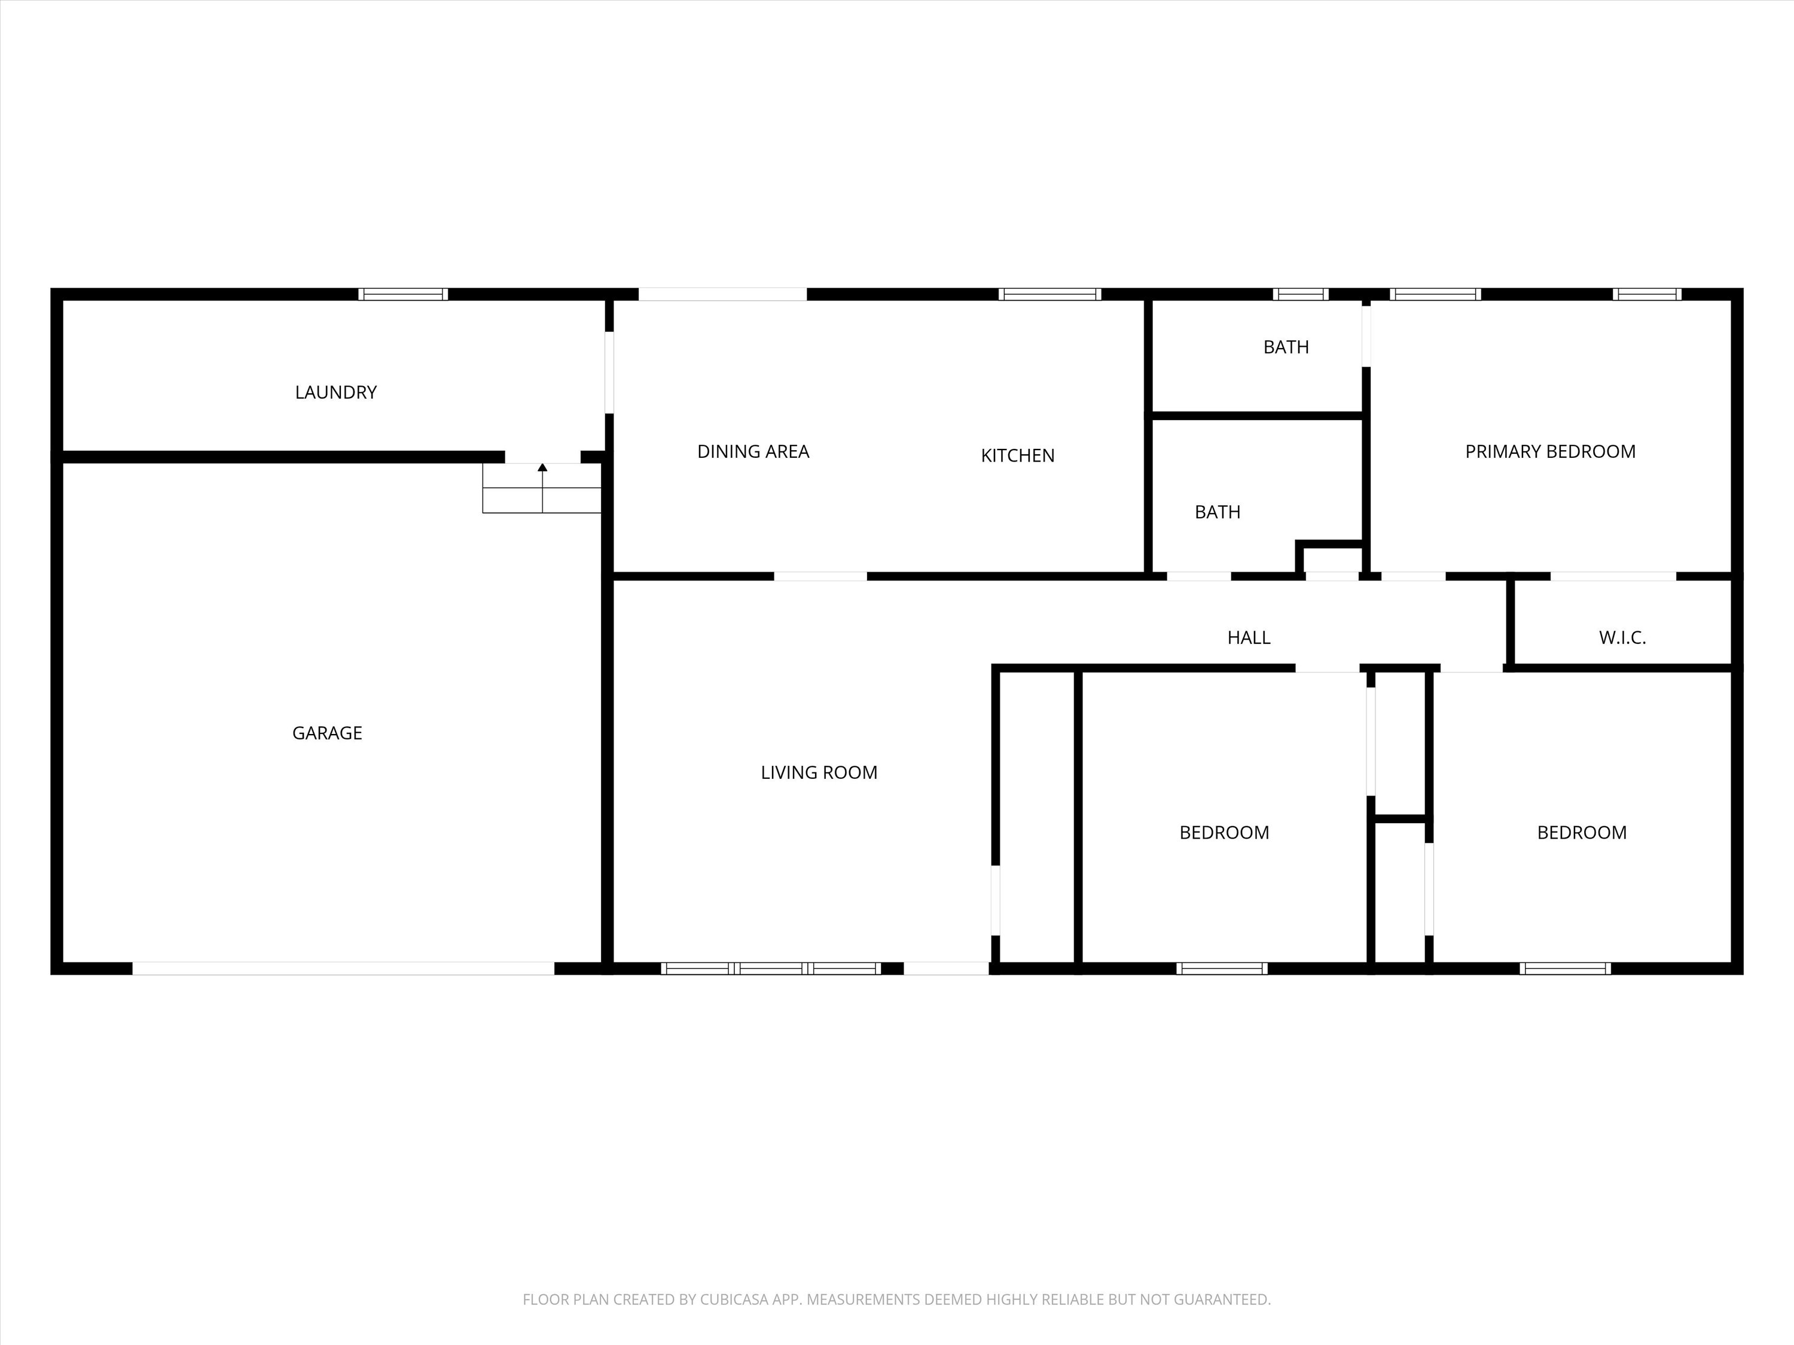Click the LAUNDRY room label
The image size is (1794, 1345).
[335, 392]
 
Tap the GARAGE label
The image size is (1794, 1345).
[327, 733]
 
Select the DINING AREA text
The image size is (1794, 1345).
[753, 451]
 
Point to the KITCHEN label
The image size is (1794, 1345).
[1018, 456]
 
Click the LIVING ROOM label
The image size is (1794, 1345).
[819, 772]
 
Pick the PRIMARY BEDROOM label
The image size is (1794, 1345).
[1551, 451]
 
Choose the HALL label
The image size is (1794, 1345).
[1249, 638]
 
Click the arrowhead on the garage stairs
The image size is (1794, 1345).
[542, 467]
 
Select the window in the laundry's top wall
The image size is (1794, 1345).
[403, 294]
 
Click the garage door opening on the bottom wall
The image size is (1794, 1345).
[343, 968]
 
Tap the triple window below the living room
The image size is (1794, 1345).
[771, 968]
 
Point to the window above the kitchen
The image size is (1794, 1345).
[1049, 294]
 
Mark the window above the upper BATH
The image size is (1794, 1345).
[1300, 294]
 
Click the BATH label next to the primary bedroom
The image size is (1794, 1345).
[1286, 347]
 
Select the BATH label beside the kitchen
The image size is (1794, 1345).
[1218, 512]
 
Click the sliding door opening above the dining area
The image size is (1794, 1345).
[722, 294]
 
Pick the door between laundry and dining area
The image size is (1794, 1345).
[609, 372]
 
